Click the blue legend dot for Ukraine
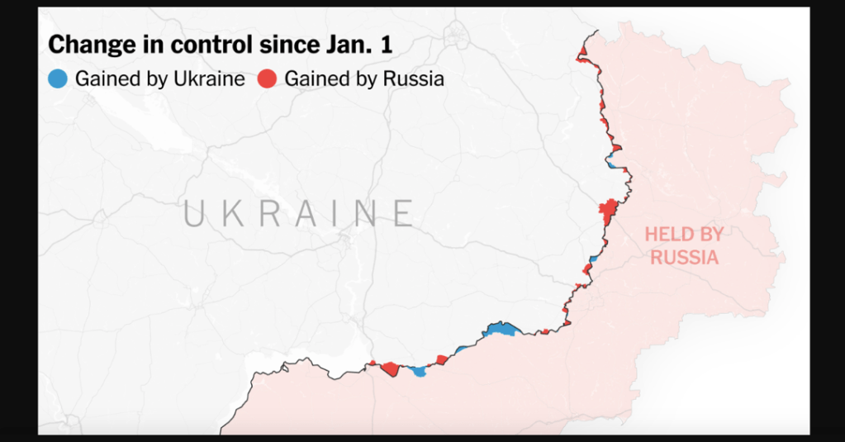pyautogui.click(x=58, y=79)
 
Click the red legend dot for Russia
pyautogui.click(x=267, y=79)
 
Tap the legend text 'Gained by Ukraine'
pyautogui.click(x=159, y=79)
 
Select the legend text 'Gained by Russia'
pyautogui.click(x=364, y=79)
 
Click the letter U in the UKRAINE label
pyautogui.click(x=194, y=213)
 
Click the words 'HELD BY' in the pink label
pyautogui.click(x=683, y=235)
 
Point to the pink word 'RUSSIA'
pyautogui.click(x=683, y=257)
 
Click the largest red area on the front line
pyautogui.click(x=609, y=211)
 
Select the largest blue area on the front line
pyautogui.click(x=501, y=329)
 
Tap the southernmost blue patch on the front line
pyautogui.click(x=420, y=372)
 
